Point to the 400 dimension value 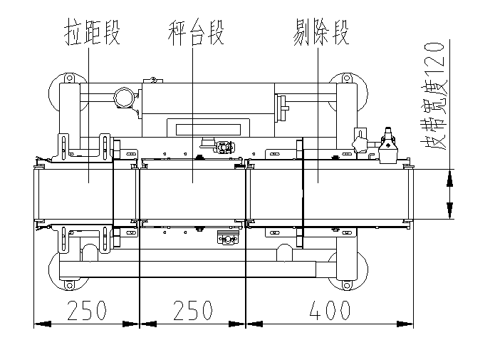[329, 310]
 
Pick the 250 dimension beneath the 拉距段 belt [86, 310]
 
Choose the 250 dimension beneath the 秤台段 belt [192, 310]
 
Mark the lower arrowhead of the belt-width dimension [450, 211]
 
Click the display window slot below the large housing [206, 128]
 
